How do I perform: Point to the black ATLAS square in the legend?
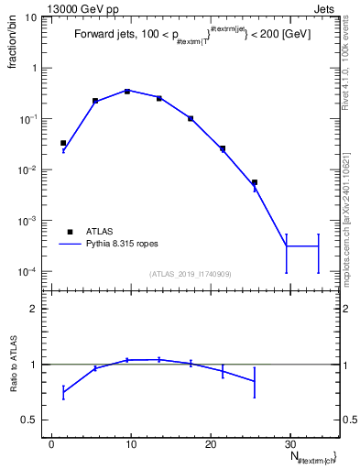point(70,232)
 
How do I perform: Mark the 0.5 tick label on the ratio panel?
point(31,420)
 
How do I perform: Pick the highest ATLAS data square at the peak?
point(127,91)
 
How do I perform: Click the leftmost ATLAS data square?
point(63,143)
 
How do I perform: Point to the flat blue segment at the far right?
point(302,246)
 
